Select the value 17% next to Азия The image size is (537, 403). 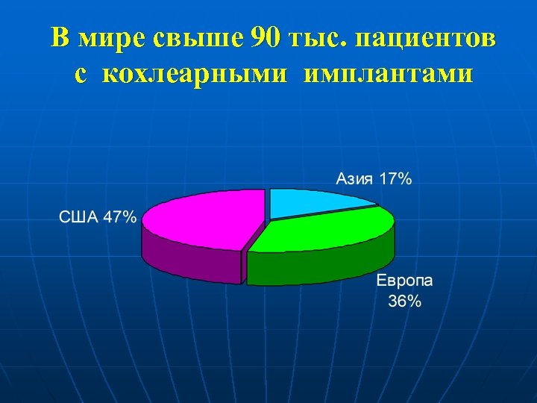[395, 179]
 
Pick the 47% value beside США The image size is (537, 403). [119, 218]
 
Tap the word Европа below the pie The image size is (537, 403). [404, 283]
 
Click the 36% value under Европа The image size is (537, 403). [404, 302]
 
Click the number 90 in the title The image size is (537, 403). [268, 38]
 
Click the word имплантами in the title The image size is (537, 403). [389, 75]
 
